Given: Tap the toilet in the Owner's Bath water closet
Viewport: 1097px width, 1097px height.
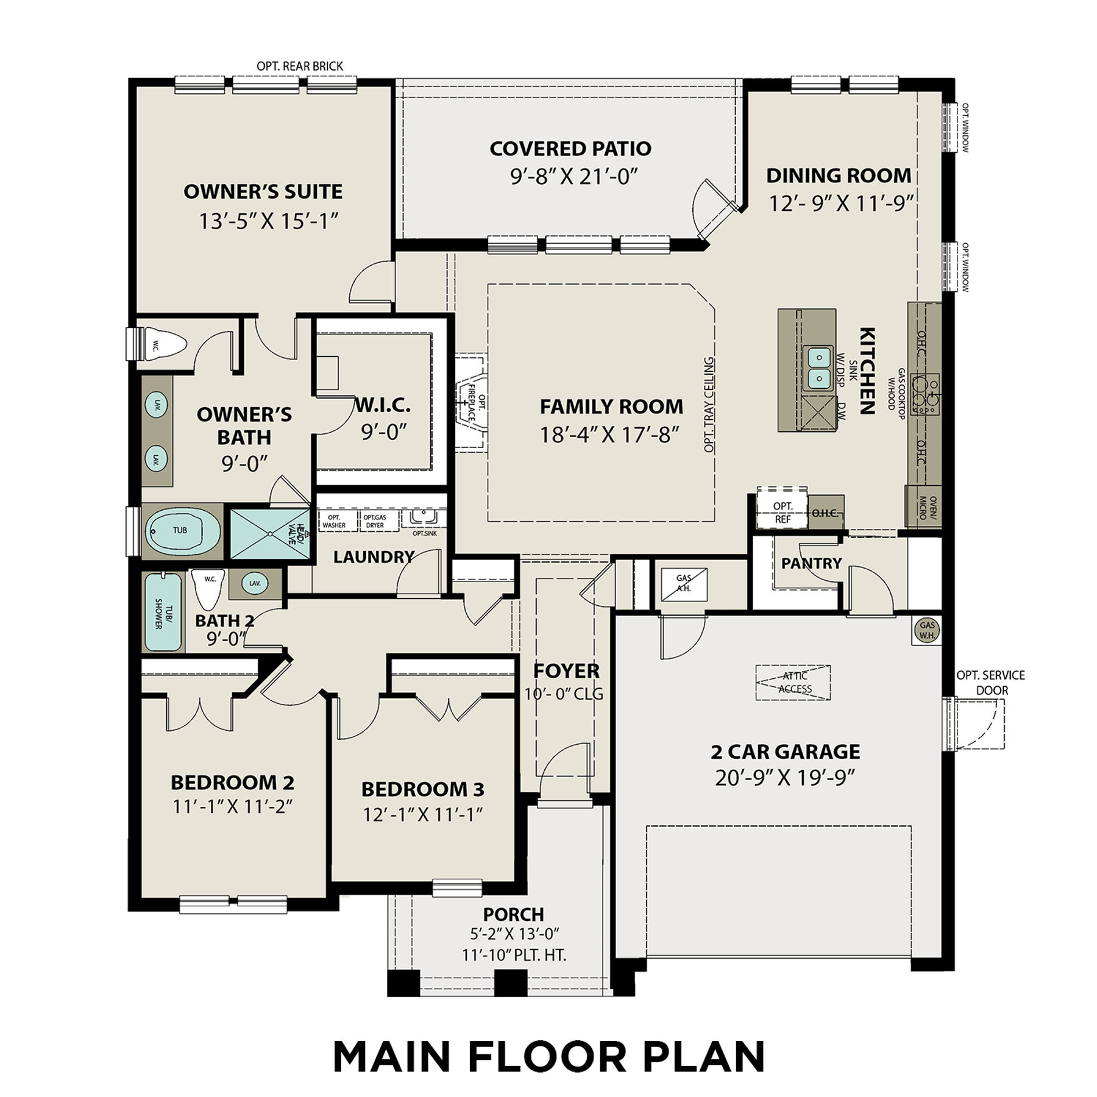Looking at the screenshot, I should pyautogui.click(x=163, y=346).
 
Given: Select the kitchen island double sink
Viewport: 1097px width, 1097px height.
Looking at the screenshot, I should pyautogui.click(x=818, y=367).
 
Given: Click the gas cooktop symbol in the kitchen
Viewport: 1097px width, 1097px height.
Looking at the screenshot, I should pyautogui.click(x=925, y=394).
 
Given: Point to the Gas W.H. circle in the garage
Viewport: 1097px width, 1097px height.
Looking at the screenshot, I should pyautogui.click(x=927, y=630).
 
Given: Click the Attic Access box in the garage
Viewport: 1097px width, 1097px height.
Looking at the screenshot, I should pyautogui.click(x=793, y=683).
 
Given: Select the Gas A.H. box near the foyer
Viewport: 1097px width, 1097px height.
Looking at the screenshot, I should pyautogui.click(x=684, y=584).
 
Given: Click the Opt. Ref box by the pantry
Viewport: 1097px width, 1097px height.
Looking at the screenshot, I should pyautogui.click(x=782, y=513).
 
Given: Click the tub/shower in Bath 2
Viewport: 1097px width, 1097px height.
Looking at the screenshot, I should pyautogui.click(x=163, y=612).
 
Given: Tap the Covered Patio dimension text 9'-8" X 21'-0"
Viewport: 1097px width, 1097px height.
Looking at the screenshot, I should pyautogui.click(x=573, y=177).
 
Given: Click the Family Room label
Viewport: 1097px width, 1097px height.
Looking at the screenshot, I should pyautogui.click(x=611, y=406).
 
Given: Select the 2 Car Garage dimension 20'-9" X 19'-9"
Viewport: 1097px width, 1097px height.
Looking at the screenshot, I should pyautogui.click(x=785, y=778).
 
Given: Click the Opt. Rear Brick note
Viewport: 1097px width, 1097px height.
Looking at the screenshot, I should pyautogui.click(x=299, y=66).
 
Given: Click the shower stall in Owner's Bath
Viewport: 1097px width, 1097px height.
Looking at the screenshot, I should pyautogui.click(x=268, y=534).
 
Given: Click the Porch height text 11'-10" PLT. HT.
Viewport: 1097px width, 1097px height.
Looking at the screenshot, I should pyautogui.click(x=514, y=955).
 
